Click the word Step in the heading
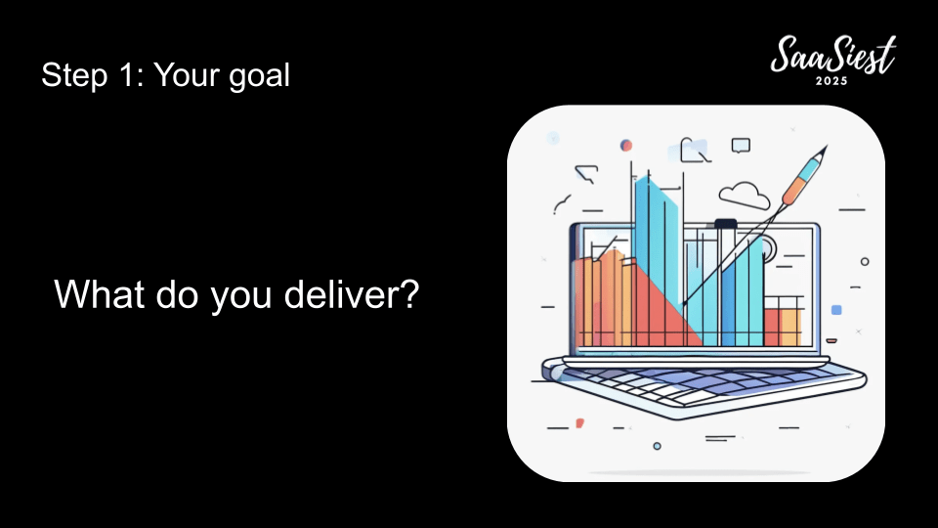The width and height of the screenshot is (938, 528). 74,76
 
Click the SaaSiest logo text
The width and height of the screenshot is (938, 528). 832,55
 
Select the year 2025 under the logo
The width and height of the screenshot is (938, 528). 831,81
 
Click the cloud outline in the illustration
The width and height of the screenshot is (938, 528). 745,196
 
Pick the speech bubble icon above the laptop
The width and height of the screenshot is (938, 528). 741,146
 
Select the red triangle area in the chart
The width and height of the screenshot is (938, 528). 665,310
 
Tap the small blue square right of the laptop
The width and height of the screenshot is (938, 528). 836,310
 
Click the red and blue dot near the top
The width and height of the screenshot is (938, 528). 625,146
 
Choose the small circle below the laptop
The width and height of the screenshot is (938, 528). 657,446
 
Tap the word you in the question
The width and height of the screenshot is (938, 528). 241,297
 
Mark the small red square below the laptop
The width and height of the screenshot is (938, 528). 579,423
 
